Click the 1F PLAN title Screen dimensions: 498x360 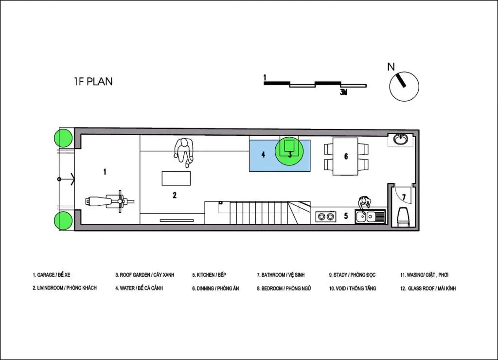click(93, 82)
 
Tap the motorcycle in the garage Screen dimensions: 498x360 click(109, 201)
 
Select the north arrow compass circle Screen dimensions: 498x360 click(404, 87)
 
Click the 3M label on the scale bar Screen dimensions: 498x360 click(343, 92)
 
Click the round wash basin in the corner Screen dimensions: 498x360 click(401, 139)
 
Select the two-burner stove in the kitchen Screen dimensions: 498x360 click(326, 216)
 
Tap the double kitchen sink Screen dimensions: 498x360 click(370, 216)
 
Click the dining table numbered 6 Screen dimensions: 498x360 click(346, 156)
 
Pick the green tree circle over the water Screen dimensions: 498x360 click(289, 151)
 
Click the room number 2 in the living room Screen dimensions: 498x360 click(175, 195)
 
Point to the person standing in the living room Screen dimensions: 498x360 click(184, 152)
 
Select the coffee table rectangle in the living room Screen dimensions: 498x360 click(176, 178)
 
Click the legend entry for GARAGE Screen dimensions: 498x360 click(51, 275)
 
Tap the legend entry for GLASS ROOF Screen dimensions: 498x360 click(428, 288)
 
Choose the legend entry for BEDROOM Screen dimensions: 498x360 click(284, 288)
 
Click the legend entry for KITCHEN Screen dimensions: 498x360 click(209, 275)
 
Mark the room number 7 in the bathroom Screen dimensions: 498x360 click(404, 198)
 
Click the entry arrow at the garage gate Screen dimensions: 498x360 click(66, 179)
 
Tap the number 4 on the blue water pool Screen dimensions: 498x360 click(263, 155)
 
